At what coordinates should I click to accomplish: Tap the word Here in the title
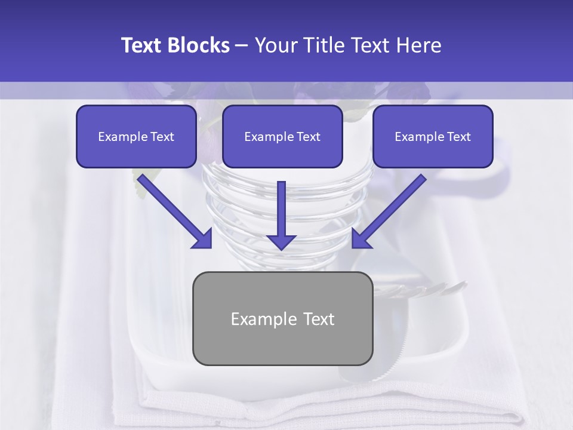tap(419, 45)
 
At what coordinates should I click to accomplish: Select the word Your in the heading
tap(275, 45)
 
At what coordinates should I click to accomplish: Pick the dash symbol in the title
tap(242, 45)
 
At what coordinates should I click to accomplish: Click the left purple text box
tap(136, 136)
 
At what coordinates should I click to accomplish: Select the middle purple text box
tap(282, 136)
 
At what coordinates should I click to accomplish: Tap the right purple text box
tap(433, 136)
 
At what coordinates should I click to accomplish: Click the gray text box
tap(282, 318)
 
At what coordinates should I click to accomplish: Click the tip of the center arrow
tap(281, 248)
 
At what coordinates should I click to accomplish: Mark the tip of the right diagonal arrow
tap(354, 246)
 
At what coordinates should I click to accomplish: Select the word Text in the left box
tap(162, 137)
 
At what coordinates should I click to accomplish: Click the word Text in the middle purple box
tap(309, 137)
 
